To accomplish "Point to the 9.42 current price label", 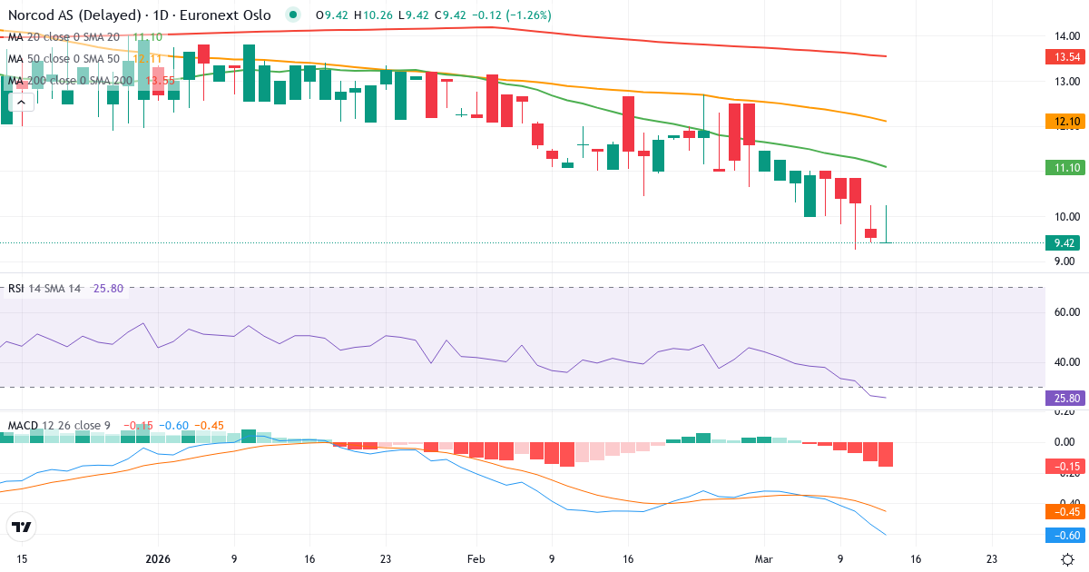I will (x=1064, y=242).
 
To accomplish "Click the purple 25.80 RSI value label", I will (x=1064, y=398).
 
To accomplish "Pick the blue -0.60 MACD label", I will (x=1064, y=536).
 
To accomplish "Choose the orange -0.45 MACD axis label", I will (x=1064, y=511).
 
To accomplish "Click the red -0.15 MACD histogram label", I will (x=1064, y=467).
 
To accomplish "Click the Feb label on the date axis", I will (x=476, y=559).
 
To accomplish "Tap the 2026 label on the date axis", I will (x=158, y=559).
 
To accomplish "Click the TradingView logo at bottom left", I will (x=22, y=527).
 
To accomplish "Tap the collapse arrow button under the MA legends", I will (x=21, y=103).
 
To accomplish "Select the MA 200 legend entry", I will (x=71, y=81).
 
